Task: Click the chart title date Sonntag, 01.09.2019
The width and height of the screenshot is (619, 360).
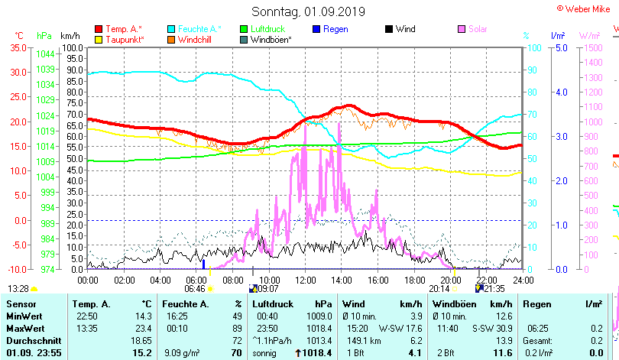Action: [309, 12]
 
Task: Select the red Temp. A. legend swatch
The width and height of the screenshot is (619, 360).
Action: [99, 29]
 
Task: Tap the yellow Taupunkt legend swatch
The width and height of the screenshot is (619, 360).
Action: [99, 39]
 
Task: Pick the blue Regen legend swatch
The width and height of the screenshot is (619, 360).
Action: [316, 29]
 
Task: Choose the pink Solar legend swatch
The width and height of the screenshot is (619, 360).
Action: [462, 29]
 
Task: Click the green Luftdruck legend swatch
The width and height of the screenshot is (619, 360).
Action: [244, 29]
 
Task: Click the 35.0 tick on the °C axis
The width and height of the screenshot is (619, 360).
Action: [17, 47]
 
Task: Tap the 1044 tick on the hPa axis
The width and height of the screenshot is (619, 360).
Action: [44, 54]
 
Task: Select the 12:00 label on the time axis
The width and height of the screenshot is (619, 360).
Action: [305, 280]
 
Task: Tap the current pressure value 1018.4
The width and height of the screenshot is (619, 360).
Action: [316, 353]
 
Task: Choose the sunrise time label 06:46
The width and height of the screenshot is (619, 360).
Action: [195, 289]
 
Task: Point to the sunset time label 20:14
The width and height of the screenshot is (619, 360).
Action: [439, 289]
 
